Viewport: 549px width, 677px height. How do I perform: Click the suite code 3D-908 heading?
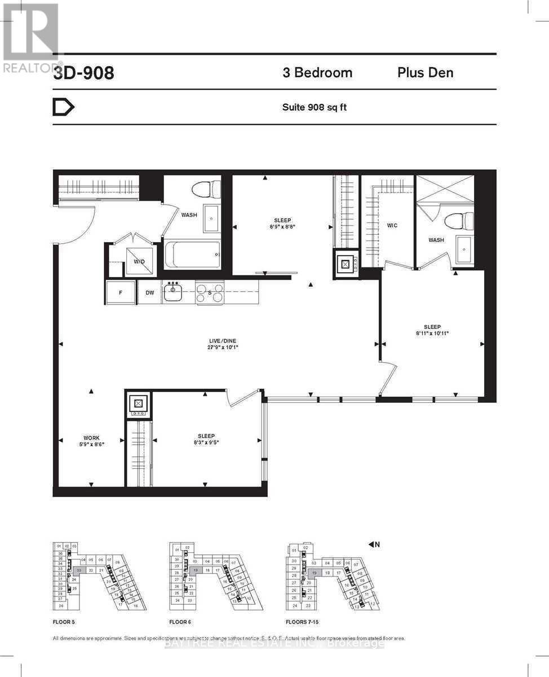tap(83, 73)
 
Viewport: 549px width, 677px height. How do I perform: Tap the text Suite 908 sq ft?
tap(314, 107)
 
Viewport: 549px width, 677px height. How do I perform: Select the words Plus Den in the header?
tap(425, 73)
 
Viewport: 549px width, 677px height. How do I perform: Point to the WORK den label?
tap(91, 438)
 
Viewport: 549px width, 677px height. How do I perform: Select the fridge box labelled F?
tap(121, 292)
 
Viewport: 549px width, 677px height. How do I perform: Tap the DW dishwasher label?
tap(149, 292)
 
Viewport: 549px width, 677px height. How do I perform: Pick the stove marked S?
tap(210, 292)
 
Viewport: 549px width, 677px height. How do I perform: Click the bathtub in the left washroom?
tap(192, 256)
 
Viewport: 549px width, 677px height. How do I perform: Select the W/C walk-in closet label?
tap(392, 226)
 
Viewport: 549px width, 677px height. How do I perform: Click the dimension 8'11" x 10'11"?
tap(432, 333)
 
